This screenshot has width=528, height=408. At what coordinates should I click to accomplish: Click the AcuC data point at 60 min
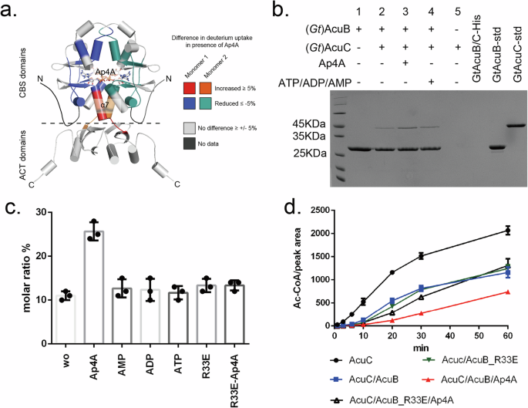pyautogui.click(x=507, y=230)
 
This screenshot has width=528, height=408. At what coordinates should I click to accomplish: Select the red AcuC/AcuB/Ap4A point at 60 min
pyautogui.click(x=507, y=292)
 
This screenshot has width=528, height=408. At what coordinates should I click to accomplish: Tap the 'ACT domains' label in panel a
pyautogui.click(x=12, y=153)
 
